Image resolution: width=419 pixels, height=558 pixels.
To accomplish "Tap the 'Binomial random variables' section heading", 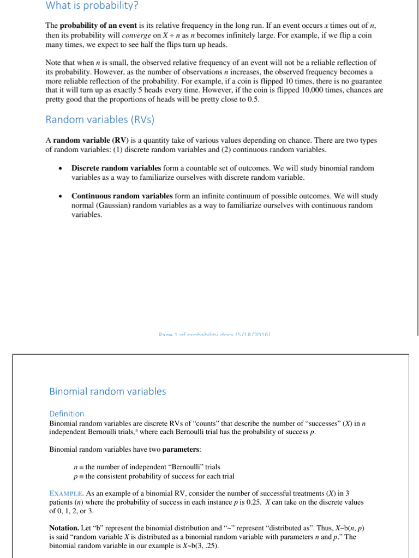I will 107,391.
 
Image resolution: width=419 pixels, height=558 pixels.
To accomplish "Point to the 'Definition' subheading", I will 67,414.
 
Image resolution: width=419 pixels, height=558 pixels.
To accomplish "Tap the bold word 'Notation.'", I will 64,528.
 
